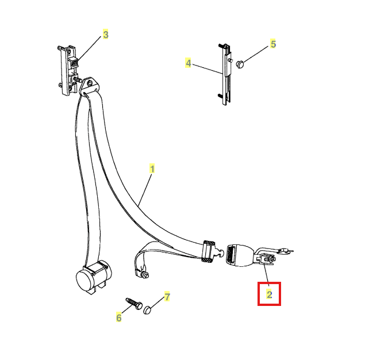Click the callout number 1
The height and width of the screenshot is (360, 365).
coord(152,169)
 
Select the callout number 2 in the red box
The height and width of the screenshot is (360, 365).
coord(270,294)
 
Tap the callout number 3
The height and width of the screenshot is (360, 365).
coord(106,35)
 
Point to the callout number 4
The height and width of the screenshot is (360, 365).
coord(189,63)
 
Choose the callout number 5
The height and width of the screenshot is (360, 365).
coord(273,44)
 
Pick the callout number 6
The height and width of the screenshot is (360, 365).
coord(119,317)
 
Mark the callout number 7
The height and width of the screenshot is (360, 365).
coord(167,297)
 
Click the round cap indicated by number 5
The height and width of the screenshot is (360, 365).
coord(239,64)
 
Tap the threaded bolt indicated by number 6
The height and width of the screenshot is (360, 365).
coord(134,304)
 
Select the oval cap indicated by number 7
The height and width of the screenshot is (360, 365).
coord(147,310)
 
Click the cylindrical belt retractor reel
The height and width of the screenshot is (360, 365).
coord(93,277)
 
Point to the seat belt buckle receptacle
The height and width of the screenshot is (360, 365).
coord(240,255)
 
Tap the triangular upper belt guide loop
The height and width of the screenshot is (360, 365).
coord(89,87)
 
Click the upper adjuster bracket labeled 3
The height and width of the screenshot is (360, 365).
coord(68,70)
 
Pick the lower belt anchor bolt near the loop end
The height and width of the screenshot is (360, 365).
coord(144,274)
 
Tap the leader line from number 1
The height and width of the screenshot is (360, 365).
coord(145,190)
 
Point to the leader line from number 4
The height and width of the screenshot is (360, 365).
coord(208,69)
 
